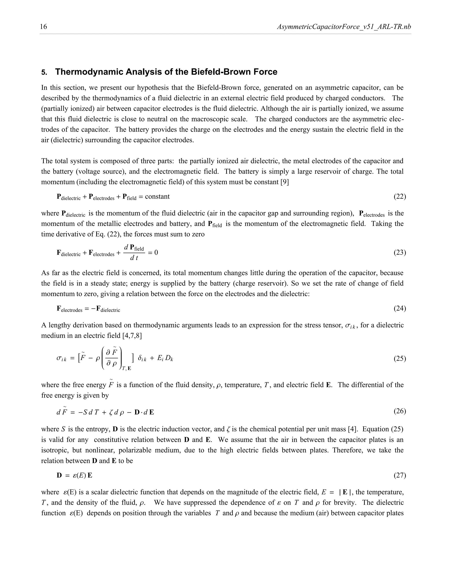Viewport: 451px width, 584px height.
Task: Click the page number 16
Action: pyautogui.click(x=43, y=27)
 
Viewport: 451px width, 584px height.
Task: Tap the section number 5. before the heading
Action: pyautogui.click(x=44, y=73)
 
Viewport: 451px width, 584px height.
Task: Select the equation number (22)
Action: pyautogui.click(x=400, y=197)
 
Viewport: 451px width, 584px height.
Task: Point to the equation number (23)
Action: pyautogui.click(x=400, y=252)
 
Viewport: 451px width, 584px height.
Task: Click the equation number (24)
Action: pyautogui.click(x=400, y=308)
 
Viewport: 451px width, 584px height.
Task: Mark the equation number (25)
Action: pyautogui.click(x=400, y=358)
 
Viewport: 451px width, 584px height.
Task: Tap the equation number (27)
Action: pyautogui.click(x=400, y=475)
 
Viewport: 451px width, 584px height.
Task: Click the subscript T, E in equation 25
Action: pyautogui.click(x=127, y=369)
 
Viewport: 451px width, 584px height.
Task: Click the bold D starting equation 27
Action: pyautogui.click(x=59, y=475)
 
